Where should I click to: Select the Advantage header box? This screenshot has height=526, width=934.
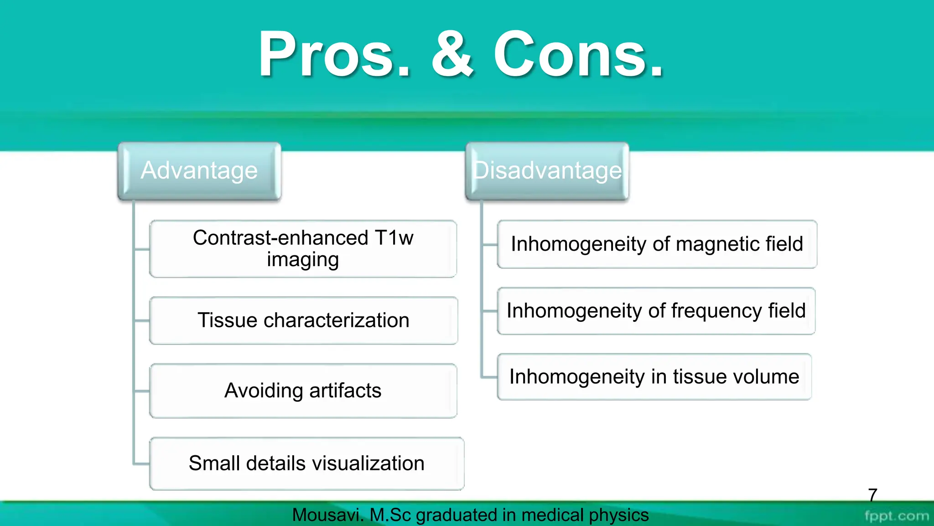click(199, 171)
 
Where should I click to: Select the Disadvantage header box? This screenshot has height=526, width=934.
click(547, 171)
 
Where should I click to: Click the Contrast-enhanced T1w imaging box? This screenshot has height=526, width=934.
click(303, 249)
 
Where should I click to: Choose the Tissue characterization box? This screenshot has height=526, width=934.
click(303, 320)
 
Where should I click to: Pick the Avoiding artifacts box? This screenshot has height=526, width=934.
click(303, 391)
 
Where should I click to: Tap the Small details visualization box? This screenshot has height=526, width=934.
click(306, 463)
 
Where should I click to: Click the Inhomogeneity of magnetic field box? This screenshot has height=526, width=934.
click(657, 244)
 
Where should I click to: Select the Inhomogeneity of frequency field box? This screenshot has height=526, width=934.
click(656, 311)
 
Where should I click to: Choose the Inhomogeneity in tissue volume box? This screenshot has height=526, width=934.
click(654, 377)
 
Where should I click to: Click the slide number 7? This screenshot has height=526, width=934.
click(872, 495)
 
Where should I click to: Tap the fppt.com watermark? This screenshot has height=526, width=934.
click(897, 516)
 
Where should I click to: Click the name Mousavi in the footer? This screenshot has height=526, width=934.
click(327, 515)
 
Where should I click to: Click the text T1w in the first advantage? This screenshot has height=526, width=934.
click(394, 238)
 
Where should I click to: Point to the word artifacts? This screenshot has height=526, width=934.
click(345, 391)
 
